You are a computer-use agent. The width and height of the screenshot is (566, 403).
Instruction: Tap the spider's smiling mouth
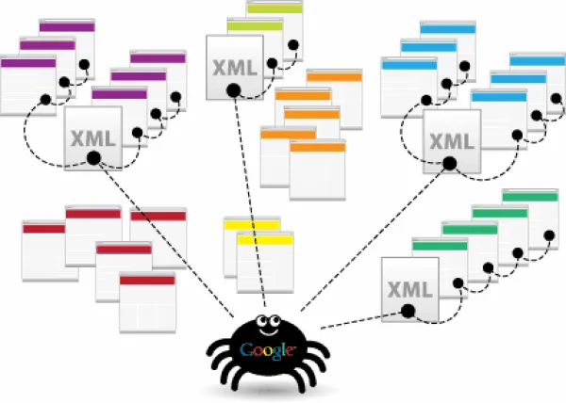coord(268,331)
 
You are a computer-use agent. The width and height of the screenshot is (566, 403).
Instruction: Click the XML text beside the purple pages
coord(93,138)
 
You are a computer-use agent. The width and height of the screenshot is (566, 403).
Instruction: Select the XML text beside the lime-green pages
coord(235,68)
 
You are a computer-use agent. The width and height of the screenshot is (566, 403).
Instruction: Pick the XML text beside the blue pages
coord(452,141)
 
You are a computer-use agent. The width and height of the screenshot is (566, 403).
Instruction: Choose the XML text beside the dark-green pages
coord(410,290)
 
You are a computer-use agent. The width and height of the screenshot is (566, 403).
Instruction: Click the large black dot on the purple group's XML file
coord(93,158)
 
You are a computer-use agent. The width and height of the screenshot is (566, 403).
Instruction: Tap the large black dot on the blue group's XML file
coord(449,164)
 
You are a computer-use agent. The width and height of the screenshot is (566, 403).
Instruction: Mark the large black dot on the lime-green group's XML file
coord(234,90)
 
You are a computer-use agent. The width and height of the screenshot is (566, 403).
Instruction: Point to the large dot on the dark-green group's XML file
coord(408,311)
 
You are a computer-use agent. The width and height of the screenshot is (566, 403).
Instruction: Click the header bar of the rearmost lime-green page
coord(275,8)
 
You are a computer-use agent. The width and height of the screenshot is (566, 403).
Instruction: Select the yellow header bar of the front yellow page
coord(265,240)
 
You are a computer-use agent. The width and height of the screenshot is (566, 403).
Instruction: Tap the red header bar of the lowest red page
coord(148,281)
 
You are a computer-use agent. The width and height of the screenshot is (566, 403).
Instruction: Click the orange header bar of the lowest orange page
coord(318,147)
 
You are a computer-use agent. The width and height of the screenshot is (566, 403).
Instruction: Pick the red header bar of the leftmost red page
coord(44,229)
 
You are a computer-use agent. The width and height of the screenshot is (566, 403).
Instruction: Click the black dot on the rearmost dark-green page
coord(549,236)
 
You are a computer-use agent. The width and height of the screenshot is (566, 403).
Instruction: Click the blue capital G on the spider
coord(247,349)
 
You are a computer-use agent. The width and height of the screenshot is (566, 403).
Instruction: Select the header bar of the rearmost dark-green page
coord(530,197)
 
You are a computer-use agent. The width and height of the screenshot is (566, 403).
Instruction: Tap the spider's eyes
coord(268,320)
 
